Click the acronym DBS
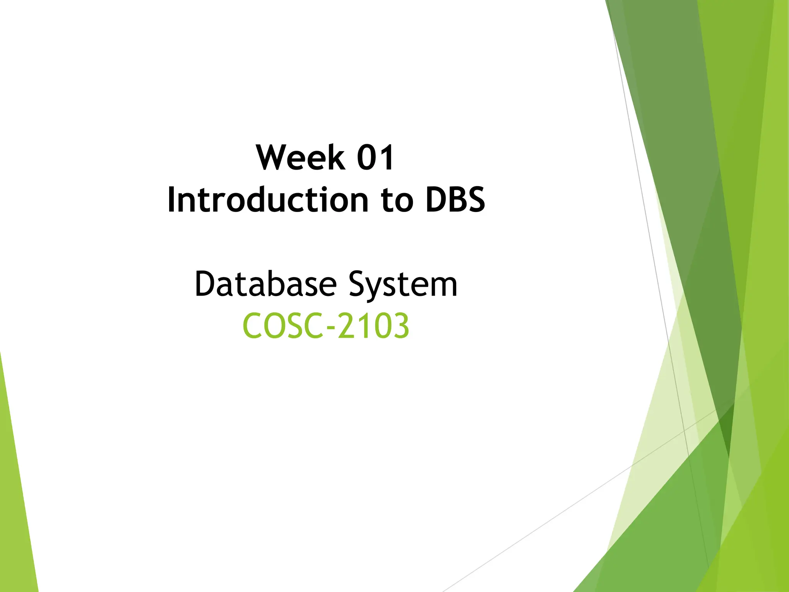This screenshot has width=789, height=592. coord(455,200)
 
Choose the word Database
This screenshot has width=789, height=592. coord(266,284)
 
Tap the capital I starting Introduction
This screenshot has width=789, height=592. coord(172,200)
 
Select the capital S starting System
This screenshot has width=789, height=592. coord(358,284)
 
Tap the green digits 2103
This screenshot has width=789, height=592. coord(373,326)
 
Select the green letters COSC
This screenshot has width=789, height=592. coord(283,326)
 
